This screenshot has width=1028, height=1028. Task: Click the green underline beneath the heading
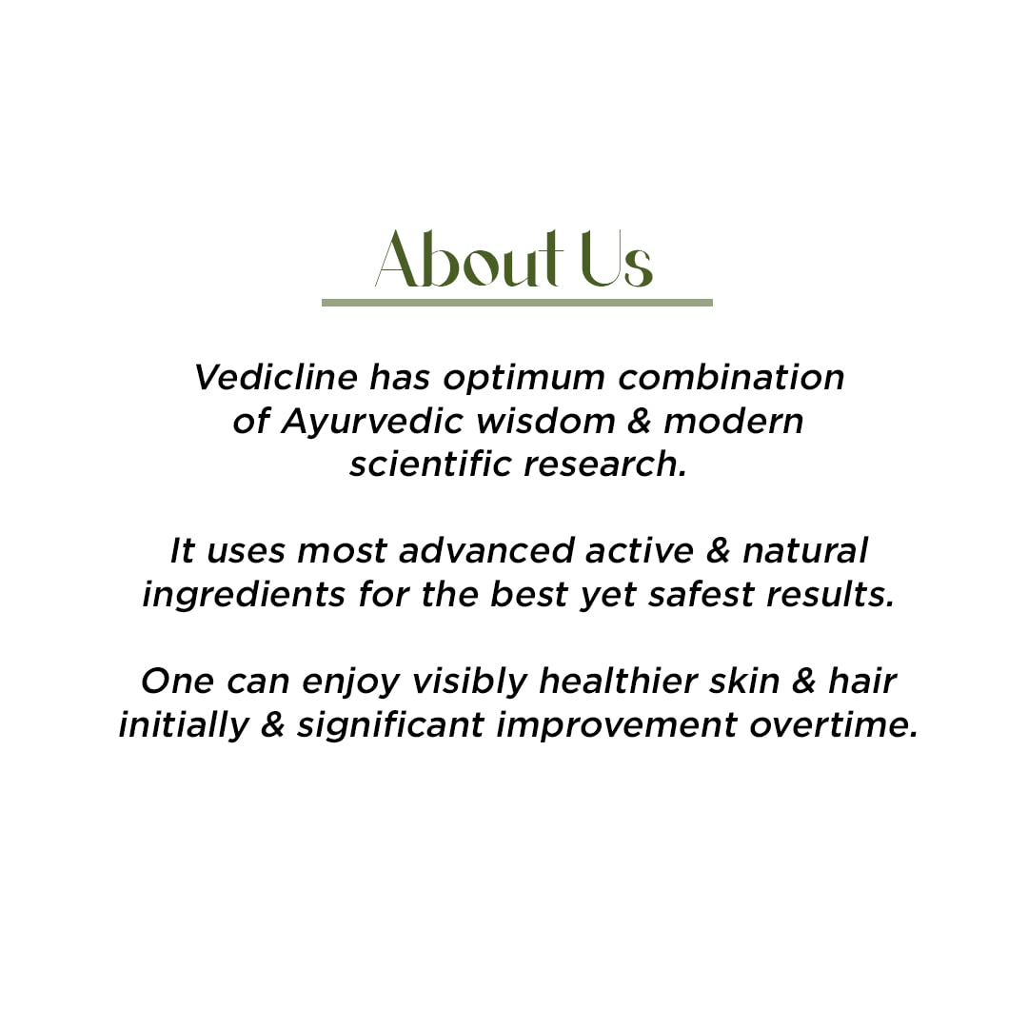click(517, 303)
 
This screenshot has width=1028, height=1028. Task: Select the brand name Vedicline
click(276, 377)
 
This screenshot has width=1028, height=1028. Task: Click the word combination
click(731, 377)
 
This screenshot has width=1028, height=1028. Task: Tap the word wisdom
click(545, 421)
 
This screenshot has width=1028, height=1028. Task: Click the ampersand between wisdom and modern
click(640, 421)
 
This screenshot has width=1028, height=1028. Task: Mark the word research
click(605, 465)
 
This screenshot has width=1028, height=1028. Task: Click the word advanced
click(486, 550)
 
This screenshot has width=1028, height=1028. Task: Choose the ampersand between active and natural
click(718, 551)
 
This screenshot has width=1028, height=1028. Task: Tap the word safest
click(702, 594)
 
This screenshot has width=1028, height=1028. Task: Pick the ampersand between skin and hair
click(803, 682)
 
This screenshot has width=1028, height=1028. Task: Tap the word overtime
click(833, 724)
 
